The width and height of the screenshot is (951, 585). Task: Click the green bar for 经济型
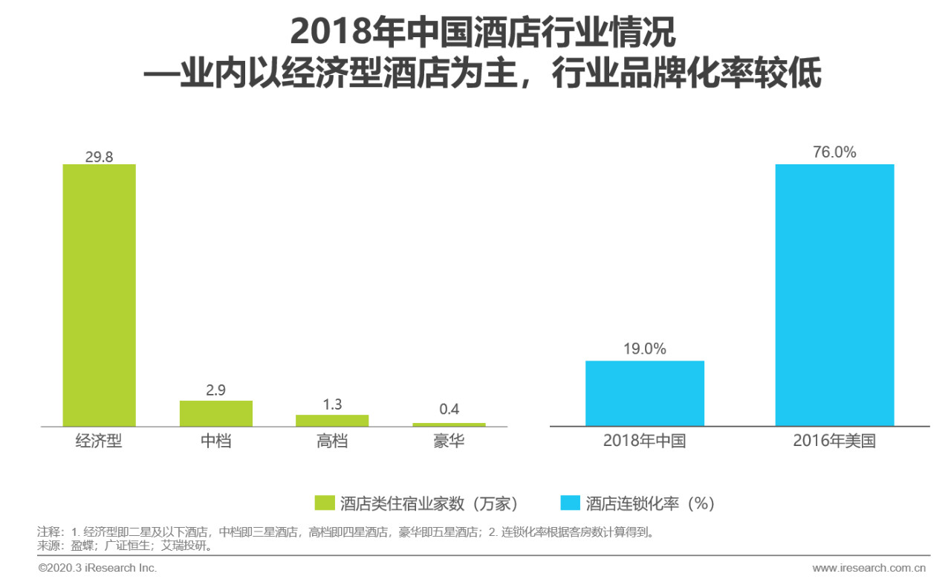click(99, 295)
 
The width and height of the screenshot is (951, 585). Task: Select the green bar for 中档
click(215, 413)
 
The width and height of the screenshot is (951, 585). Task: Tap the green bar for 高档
click(332, 420)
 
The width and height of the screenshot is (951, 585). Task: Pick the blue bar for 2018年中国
click(644, 393)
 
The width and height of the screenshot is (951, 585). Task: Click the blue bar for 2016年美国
click(834, 295)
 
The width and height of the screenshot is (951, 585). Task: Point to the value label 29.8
click(99, 156)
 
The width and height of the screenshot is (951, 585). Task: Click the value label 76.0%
click(834, 152)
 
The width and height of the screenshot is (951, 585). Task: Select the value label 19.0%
click(644, 349)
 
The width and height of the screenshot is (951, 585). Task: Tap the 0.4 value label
click(449, 410)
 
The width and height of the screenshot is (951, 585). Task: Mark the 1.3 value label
click(332, 404)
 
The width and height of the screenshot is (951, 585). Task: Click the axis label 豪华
click(449, 441)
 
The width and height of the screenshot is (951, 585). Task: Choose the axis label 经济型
click(99, 441)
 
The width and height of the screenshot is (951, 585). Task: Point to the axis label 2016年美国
click(834, 441)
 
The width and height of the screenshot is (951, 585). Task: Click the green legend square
click(325, 503)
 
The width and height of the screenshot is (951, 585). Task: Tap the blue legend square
click(570, 503)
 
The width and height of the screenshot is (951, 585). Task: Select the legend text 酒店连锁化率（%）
click(650, 503)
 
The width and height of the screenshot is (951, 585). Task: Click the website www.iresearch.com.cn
click(869, 568)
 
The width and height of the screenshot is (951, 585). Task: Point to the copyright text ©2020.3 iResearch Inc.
click(97, 568)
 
